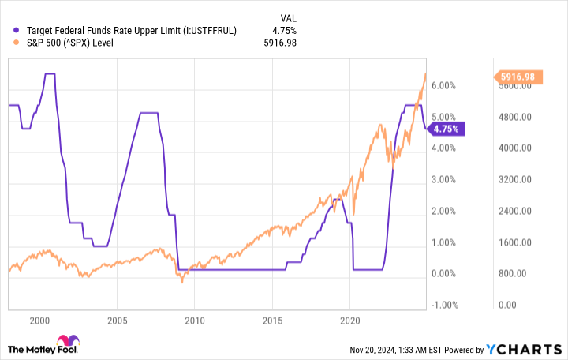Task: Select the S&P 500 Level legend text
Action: [x=71, y=43]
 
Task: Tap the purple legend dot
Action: [x=17, y=30]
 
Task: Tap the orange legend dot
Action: [x=17, y=43]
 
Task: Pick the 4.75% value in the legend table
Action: [x=283, y=30]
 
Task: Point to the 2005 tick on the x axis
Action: [x=117, y=321]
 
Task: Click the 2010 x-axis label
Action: [x=195, y=321]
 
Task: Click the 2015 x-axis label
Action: [x=272, y=321]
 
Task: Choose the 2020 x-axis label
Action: [x=350, y=321]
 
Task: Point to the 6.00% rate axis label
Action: [x=444, y=85]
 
